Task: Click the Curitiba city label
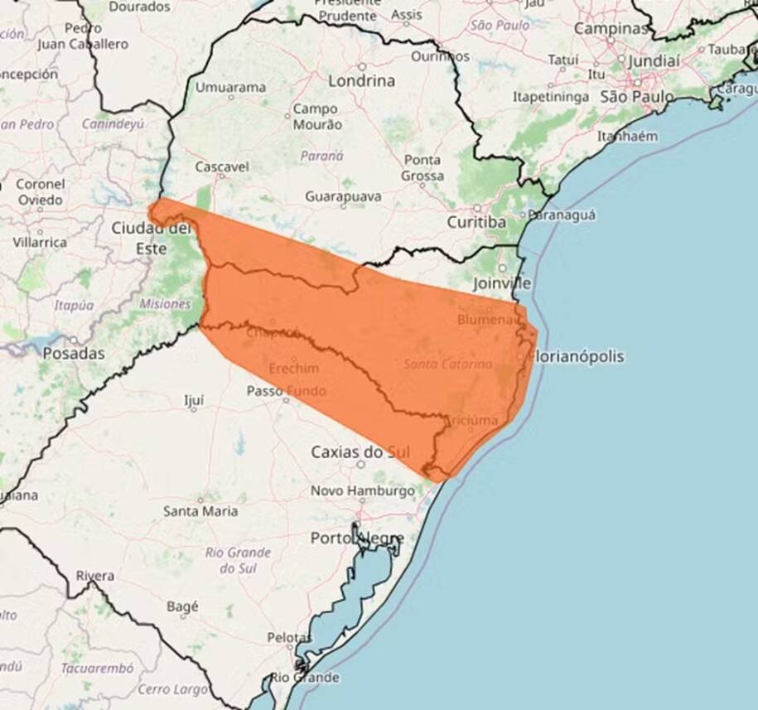click(x=476, y=223)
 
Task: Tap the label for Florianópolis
click(x=577, y=357)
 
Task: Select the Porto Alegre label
click(x=357, y=539)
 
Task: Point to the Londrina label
click(x=361, y=81)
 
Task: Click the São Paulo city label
click(x=636, y=97)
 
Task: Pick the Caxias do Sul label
click(x=360, y=452)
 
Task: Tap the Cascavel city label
click(x=221, y=167)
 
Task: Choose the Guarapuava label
click(x=343, y=197)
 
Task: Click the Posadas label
click(x=74, y=354)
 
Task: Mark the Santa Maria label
click(x=200, y=511)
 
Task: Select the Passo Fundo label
click(x=286, y=391)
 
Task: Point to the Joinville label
click(x=502, y=283)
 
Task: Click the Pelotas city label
click(x=289, y=638)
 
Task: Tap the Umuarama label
click(x=230, y=87)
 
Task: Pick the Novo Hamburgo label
click(x=362, y=491)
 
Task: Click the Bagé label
click(x=182, y=606)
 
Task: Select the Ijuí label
click(x=193, y=402)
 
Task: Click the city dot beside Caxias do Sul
click(x=361, y=464)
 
